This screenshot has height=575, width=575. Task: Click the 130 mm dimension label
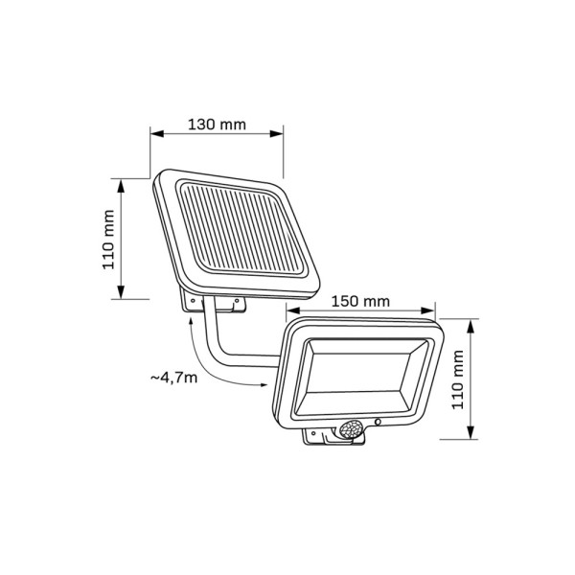point(216,124)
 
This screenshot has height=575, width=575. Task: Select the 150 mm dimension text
point(362,299)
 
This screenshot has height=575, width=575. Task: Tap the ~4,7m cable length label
point(173,377)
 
